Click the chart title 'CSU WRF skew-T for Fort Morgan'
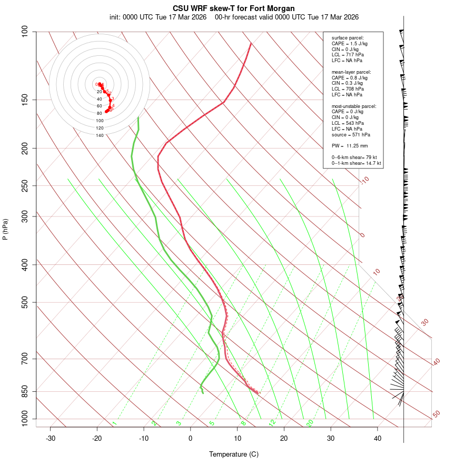[x=234, y=8]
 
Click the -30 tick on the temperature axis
[x=51, y=438]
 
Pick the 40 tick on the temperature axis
[x=378, y=438]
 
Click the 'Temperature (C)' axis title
[x=234, y=455]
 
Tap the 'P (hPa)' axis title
[x=5, y=230]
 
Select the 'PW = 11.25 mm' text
[x=350, y=146]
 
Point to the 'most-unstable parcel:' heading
[x=354, y=106]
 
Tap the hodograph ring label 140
[x=100, y=135]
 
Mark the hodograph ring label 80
[x=100, y=113]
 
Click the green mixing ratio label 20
[x=310, y=422]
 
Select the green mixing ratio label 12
[x=272, y=422]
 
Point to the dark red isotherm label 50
[x=436, y=414]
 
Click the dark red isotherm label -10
[x=364, y=180]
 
